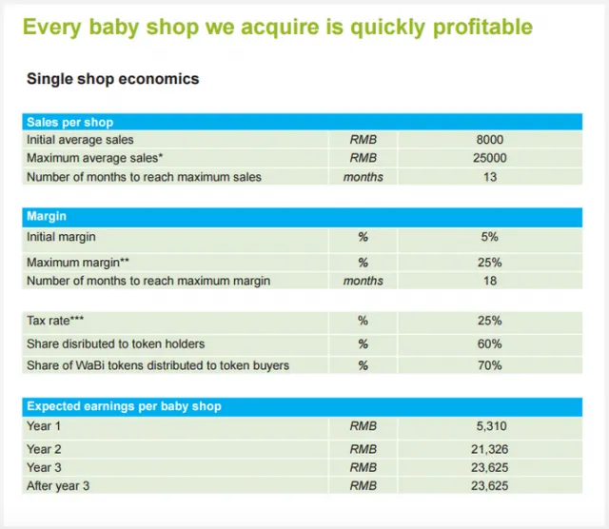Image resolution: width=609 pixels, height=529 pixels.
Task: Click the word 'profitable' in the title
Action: pos(482,28)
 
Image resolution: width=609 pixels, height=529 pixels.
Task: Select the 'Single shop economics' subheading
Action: pos(113,79)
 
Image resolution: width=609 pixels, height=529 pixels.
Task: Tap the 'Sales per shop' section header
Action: pos(69,123)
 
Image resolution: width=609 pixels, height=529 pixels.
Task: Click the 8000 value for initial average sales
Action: pos(490,140)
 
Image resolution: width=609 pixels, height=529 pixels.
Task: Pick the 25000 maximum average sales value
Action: pos(490,158)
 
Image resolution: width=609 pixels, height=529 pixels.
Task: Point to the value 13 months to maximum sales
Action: pos(490,177)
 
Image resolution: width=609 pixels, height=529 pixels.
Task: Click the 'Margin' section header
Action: pos(47,216)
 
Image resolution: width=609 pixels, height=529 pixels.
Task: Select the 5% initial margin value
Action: pos(490,237)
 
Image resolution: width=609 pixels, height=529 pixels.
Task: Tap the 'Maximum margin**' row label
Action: pos(78,263)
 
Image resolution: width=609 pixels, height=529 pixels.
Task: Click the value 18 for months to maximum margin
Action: pos(490,281)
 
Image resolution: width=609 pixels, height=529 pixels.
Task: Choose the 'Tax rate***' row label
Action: pos(55,321)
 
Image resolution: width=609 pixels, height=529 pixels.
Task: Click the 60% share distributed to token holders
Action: pos(490,344)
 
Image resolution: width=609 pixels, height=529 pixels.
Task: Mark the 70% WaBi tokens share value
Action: pos(490,365)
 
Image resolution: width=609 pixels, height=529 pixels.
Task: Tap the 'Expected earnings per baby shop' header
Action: pos(124,406)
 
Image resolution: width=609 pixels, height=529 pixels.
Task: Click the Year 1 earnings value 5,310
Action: pos(491,426)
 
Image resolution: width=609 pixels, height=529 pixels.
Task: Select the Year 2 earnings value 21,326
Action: pos(490,449)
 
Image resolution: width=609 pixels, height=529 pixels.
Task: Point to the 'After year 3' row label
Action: pos(58,486)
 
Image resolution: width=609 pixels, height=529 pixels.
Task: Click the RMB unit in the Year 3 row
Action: pos(363,468)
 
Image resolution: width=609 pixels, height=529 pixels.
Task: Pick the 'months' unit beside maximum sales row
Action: pos(363,177)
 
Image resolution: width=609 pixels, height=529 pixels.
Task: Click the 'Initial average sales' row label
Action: pos(80,140)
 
